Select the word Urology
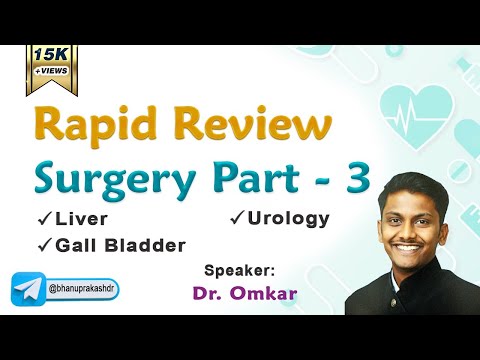tap(290, 217)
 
